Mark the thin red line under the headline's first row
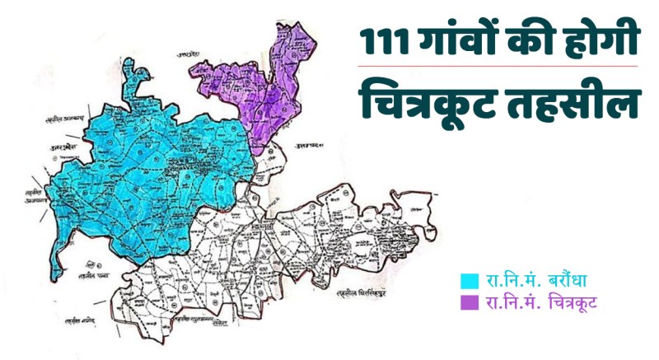498,66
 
